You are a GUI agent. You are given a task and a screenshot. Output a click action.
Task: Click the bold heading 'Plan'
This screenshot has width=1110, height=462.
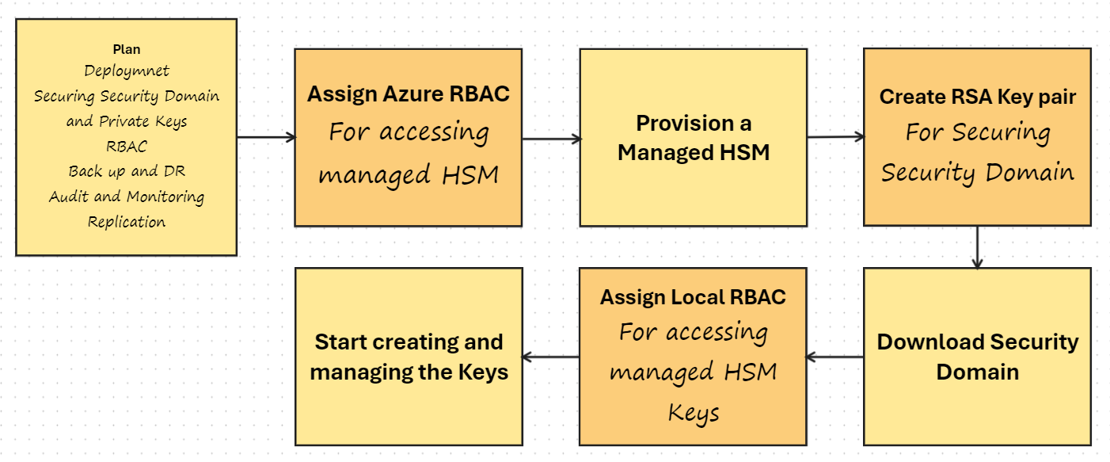click(126, 49)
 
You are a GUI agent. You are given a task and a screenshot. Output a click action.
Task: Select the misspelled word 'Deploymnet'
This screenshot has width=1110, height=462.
click(127, 71)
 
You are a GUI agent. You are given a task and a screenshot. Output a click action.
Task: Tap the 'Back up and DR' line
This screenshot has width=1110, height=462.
click(127, 171)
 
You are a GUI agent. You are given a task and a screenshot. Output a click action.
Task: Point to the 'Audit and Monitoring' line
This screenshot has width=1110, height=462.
click(127, 197)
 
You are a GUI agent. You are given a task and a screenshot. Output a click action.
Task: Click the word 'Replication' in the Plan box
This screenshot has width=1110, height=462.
click(127, 222)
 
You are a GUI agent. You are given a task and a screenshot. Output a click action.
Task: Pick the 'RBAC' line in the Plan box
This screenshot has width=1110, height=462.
click(127, 147)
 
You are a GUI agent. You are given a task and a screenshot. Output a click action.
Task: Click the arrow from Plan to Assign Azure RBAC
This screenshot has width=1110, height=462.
click(266, 137)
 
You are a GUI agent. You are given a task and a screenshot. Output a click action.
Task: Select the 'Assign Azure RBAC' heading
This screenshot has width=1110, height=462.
click(409, 94)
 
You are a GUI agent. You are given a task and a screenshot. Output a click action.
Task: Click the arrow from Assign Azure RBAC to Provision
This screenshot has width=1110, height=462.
click(551, 139)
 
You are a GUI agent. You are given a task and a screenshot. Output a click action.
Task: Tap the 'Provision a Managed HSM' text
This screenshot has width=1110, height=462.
click(694, 138)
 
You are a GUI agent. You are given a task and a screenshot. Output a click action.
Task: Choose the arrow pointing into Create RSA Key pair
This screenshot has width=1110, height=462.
click(835, 137)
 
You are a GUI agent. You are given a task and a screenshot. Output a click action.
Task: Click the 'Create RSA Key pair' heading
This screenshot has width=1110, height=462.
click(978, 97)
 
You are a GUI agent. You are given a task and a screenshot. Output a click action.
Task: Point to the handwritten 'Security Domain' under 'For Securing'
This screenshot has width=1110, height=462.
click(978, 172)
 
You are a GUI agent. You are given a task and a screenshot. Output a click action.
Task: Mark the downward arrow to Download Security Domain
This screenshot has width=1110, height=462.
click(978, 247)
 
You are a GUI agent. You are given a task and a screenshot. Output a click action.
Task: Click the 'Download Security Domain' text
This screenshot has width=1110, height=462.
click(978, 357)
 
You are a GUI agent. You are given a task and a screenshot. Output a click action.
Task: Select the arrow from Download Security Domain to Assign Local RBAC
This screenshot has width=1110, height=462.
click(835, 357)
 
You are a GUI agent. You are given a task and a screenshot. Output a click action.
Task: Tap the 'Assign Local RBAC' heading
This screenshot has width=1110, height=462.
click(694, 297)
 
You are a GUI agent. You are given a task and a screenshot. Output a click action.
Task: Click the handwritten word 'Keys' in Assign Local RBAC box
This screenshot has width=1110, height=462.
click(694, 413)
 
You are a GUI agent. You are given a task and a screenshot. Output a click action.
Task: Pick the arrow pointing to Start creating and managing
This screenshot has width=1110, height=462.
click(551, 357)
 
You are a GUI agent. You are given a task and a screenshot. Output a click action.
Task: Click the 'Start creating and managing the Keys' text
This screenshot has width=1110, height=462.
click(409, 357)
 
